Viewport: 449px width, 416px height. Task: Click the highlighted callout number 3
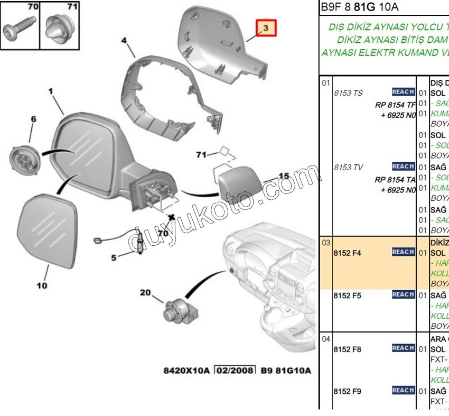tap(266, 27)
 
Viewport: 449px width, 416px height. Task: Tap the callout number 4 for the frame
tap(124, 40)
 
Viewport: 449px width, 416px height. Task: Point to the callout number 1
tap(51, 91)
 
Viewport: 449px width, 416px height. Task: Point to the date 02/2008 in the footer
tap(235, 370)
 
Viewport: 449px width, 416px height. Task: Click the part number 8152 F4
tap(347, 253)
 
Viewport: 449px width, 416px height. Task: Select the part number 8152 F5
tap(347, 295)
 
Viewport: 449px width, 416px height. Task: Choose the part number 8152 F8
tap(347, 349)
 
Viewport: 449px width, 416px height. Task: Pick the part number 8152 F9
tap(347, 391)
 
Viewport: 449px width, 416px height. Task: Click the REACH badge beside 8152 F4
tap(403, 252)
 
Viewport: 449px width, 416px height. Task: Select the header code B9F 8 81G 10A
tap(360, 7)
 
